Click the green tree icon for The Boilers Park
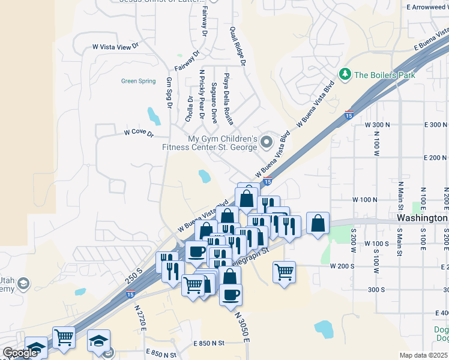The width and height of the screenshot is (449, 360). click(345, 74)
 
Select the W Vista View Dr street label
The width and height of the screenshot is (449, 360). click(115, 46)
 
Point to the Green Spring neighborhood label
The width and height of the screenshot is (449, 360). click(138, 81)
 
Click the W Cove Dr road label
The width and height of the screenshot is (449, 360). click(139, 133)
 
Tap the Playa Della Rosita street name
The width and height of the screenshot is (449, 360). click(228, 98)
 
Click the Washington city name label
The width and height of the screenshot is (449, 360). click(423, 218)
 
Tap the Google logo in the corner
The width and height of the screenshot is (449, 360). click(19, 353)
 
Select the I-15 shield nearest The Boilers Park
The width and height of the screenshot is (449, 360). click(349, 115)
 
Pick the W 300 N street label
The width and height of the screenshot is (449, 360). click(378, 124)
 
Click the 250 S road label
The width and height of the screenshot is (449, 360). click(134, 272)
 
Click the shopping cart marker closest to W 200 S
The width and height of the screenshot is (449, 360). click(284, 271)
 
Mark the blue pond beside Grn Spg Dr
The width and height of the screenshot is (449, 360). click(154, 115)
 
